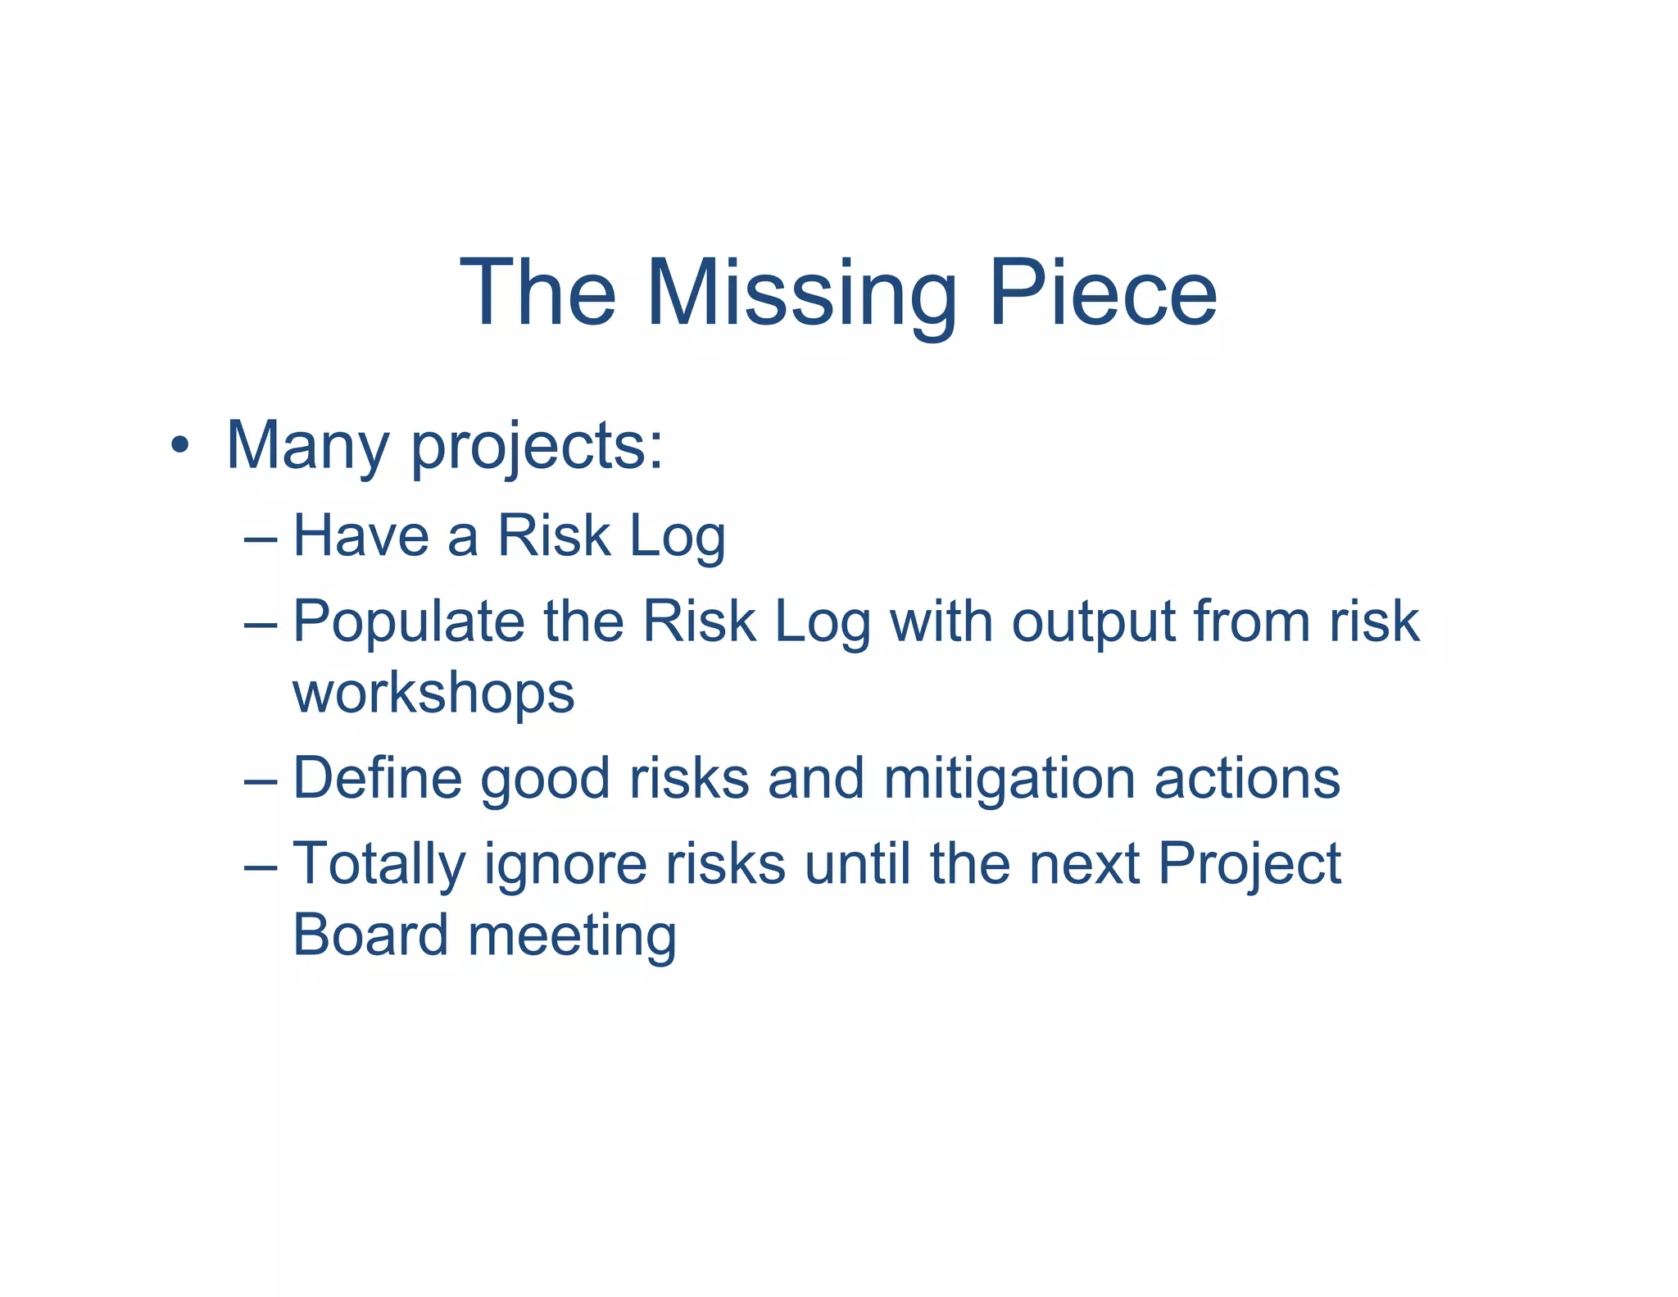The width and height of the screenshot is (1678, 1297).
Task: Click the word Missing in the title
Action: (x=801, y=294)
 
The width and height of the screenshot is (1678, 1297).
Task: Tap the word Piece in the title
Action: (x=1102, y=294)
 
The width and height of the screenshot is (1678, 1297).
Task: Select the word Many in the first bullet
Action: (x=307, y=446)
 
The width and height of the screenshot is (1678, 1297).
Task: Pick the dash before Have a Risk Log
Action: (x=261, y=539)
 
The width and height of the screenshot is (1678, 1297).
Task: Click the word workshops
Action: (x=433, y=694)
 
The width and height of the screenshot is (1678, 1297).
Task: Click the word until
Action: (x=857, y=863)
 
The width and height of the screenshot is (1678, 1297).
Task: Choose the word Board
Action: (x=370, y=935)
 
